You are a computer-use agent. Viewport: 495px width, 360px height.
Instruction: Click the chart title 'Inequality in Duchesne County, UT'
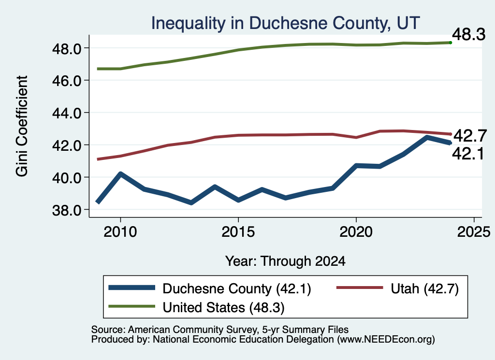coord(285,23)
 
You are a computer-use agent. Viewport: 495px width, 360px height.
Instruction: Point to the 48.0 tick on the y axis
coord(66,48)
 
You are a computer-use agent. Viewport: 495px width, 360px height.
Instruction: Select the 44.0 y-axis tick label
coord(66,113)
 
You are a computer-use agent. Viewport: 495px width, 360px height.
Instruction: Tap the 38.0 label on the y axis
coord(66,210)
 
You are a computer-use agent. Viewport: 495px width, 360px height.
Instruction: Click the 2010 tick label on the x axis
coord(120,232)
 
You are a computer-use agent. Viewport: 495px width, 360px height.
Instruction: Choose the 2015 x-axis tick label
coord(238,232)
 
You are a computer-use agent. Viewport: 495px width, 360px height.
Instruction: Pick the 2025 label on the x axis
coord(474,232)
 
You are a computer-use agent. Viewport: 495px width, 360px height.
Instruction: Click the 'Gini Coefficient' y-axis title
coord(22,126)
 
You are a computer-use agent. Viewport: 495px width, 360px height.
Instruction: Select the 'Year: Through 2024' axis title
coord(285,261)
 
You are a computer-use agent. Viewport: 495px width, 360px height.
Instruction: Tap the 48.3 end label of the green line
coord(469,34)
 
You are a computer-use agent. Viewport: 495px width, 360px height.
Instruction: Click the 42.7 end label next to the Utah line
coord(470,136)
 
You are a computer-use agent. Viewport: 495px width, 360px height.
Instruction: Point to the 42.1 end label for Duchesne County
coord(468,154)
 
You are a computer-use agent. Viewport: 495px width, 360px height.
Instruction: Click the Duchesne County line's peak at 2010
coord(120,173)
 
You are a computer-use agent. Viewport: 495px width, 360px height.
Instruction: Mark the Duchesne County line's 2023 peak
coord(427,138)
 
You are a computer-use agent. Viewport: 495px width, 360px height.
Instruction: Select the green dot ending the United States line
coord(451,43)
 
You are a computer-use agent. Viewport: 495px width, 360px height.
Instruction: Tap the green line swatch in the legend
coord(131,307)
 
